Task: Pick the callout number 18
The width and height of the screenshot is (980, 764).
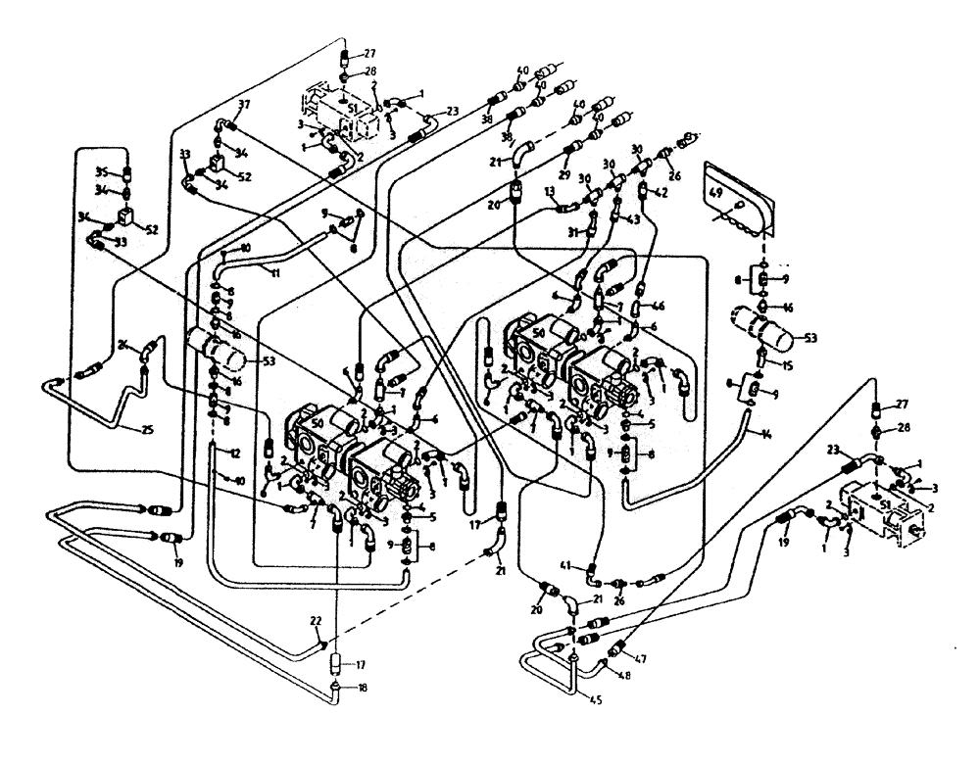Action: click(x=365, y=688)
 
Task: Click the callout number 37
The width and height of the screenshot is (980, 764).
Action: click(x=243, y=105)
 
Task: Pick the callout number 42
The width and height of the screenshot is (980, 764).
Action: click(x=662, y=192)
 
